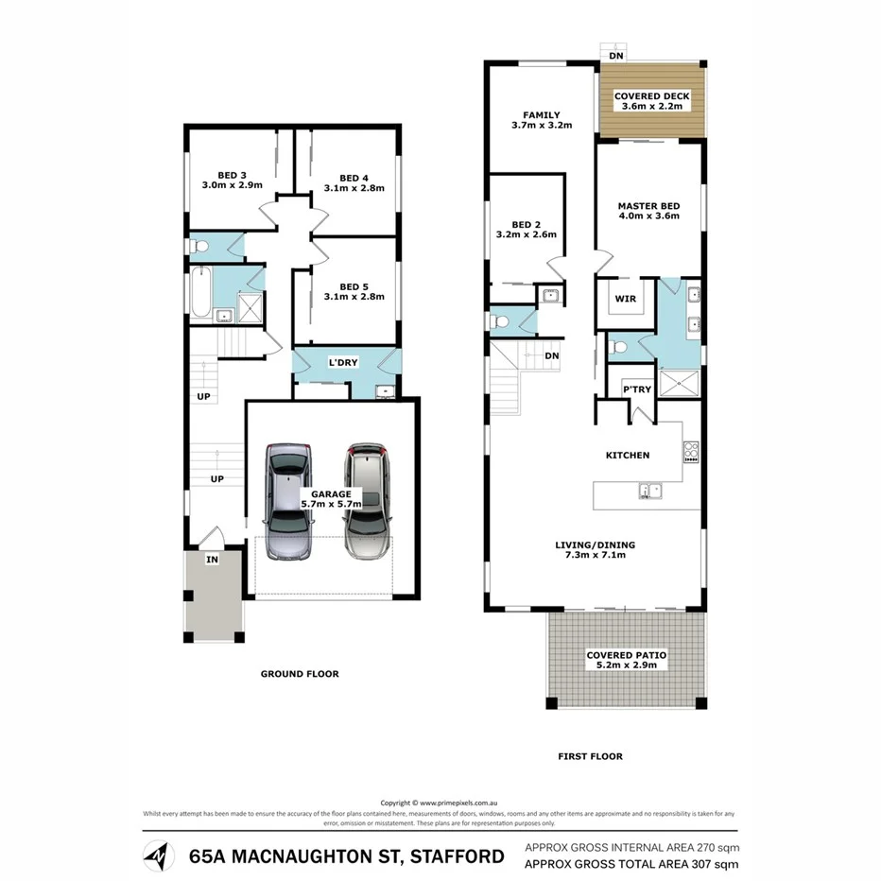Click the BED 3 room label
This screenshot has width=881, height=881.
click(232, 180)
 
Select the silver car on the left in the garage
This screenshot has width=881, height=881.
click(289, 501)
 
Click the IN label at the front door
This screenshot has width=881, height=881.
click(212, 561)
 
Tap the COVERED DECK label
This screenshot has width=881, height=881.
click(652, 101)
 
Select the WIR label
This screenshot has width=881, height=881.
click(625, 299)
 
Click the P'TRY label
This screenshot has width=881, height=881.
click(632, 389)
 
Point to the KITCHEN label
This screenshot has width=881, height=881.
click(628, 456)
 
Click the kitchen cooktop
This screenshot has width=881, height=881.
click(691, 452)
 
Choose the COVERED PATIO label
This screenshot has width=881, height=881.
click(621, 660)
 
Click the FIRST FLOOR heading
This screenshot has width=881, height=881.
click(591, 756)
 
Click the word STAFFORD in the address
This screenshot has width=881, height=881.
click(454, 857)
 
